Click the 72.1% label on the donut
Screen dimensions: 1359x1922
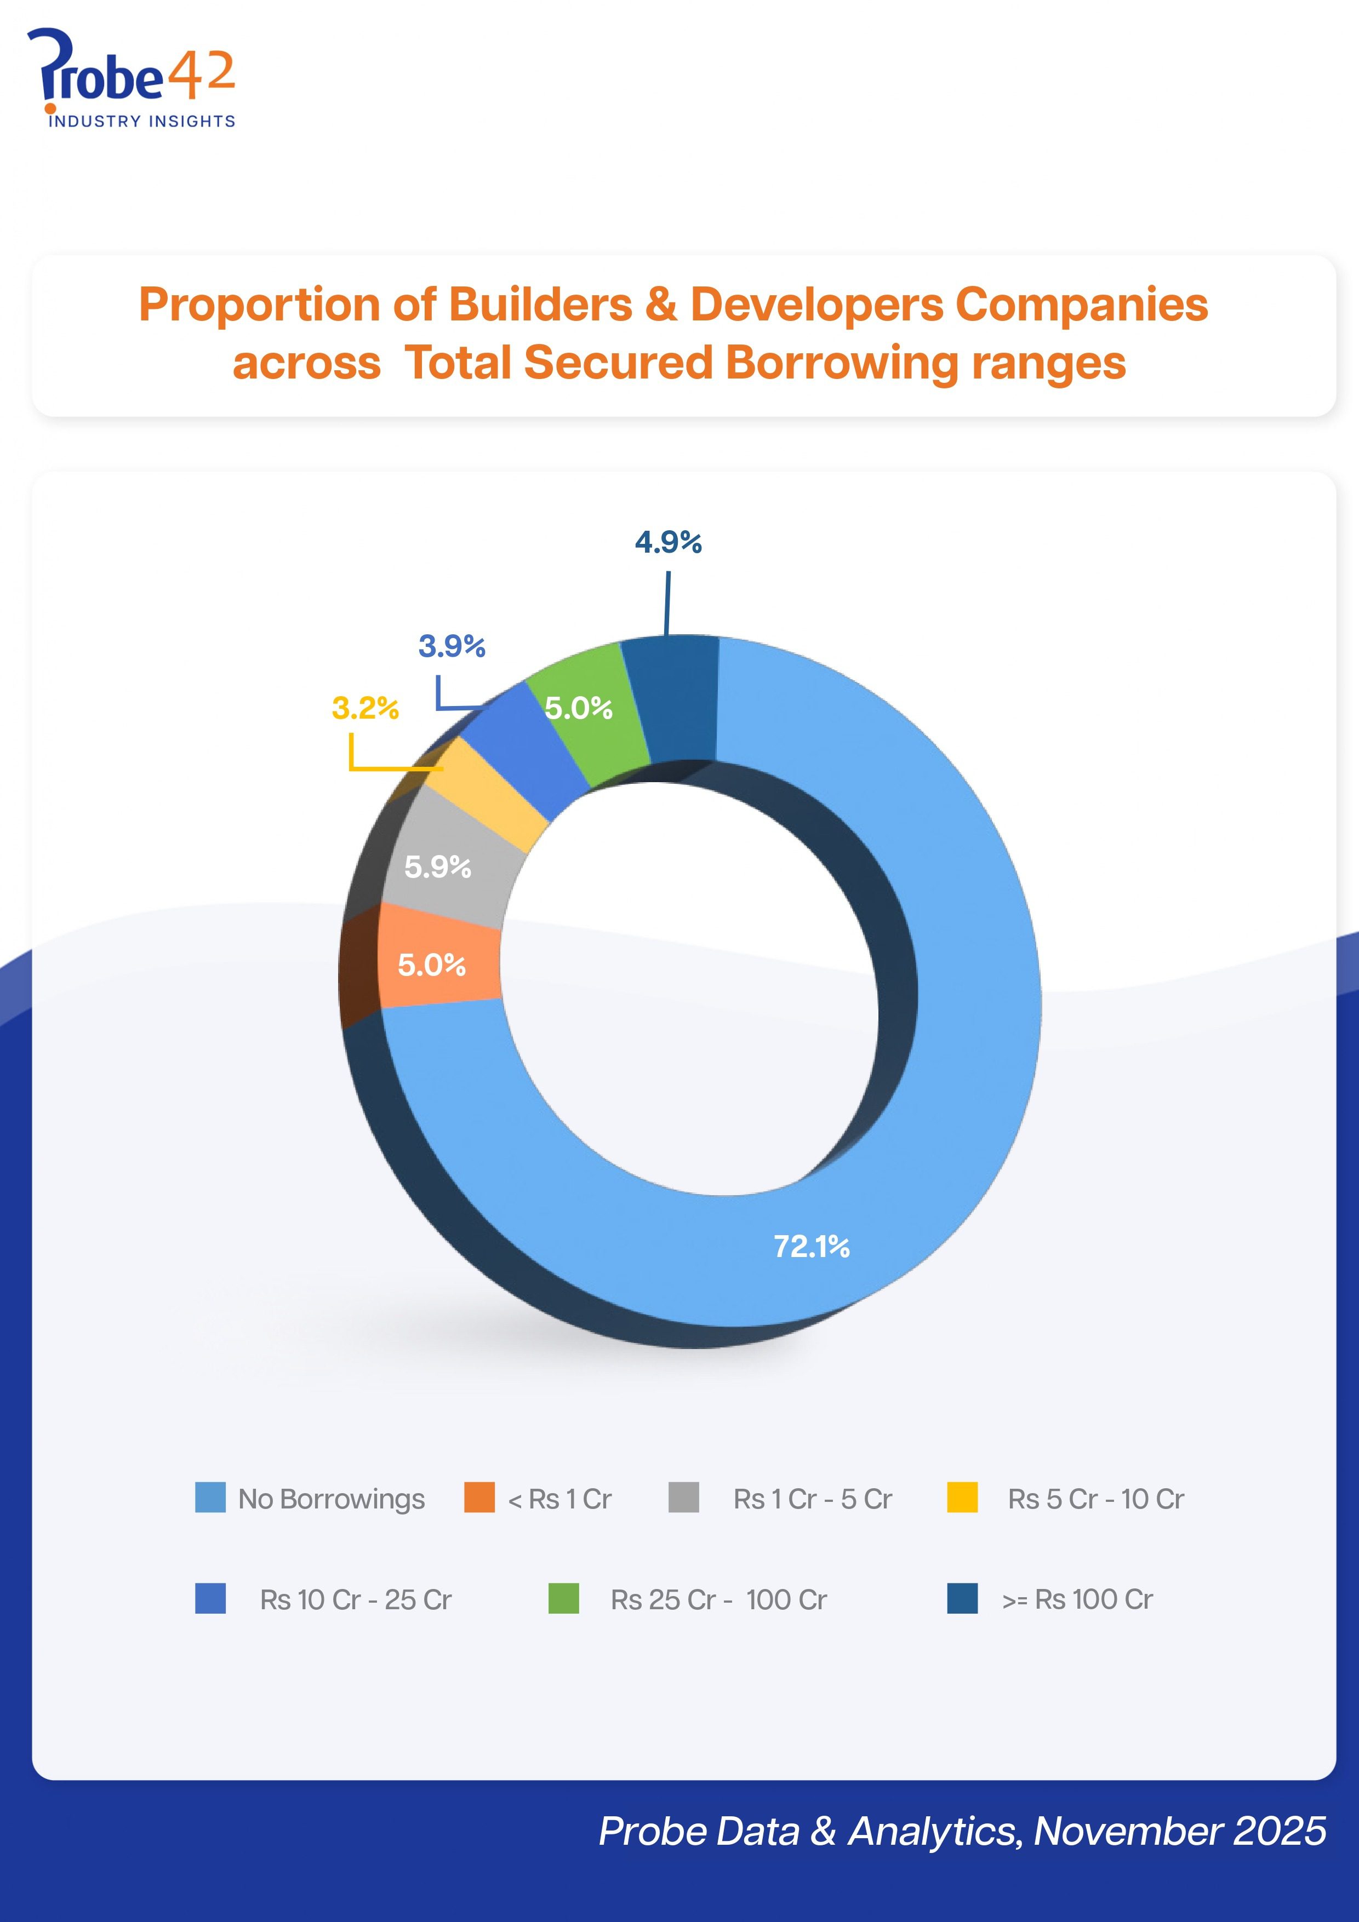[812, 1247]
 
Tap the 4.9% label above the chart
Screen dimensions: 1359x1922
[668, 542]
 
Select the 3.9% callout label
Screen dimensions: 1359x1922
[452, 646]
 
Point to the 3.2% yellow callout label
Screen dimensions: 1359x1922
[365, 708]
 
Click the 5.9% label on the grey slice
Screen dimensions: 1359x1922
[438, 867]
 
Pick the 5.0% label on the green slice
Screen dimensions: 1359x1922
[579, 708]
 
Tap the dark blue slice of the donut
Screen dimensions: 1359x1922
[670, 699]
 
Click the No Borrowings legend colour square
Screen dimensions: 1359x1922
[210, 1498]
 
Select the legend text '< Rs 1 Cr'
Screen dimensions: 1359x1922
[560, 1499]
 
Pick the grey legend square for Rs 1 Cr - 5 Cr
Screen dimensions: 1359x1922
[684, 1498]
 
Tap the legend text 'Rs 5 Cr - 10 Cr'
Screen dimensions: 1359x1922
[1096, 1499]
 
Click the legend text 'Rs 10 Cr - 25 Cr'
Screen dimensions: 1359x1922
[356, 1600]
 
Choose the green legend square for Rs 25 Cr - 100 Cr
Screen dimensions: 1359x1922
[563, 1598]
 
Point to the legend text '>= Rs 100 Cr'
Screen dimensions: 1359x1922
[1078, 1600]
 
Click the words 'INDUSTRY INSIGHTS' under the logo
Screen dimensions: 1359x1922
[141, 122]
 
